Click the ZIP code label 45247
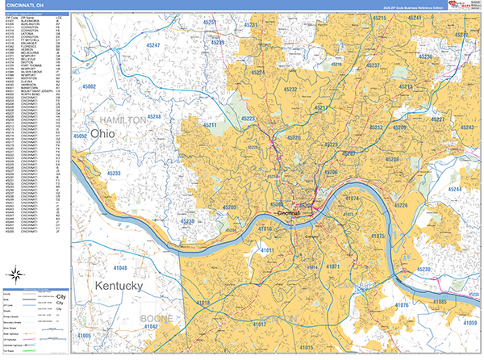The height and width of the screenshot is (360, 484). coord(153,46)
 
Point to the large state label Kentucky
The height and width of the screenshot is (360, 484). coord(119,287)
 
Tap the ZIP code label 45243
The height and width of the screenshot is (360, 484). coord(465,128)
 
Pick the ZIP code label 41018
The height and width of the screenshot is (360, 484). coord(203,303)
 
